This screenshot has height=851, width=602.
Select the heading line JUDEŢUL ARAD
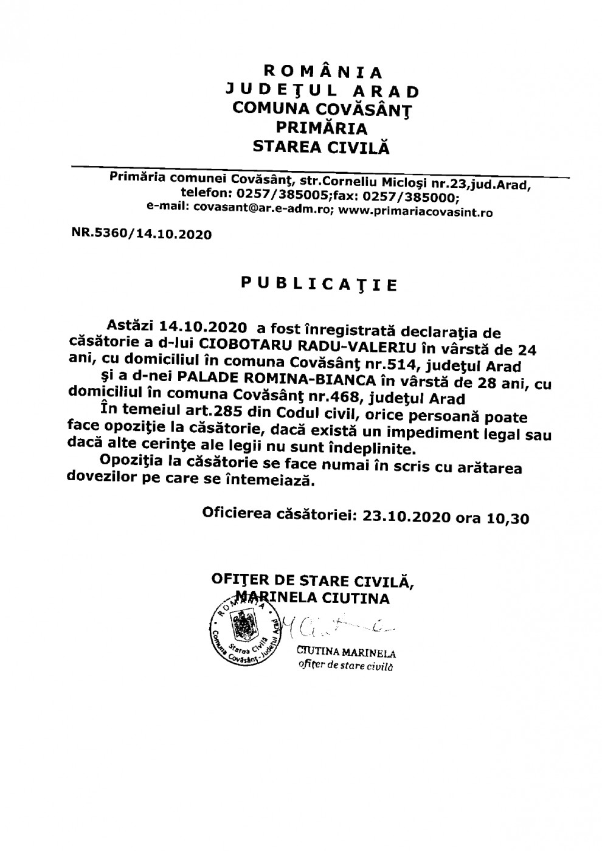click(322, 91)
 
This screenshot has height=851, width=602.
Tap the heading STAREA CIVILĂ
click(321, 146)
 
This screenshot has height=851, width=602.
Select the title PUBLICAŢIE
click(320, 284)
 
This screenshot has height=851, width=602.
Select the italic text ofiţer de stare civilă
click(345, 667)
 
